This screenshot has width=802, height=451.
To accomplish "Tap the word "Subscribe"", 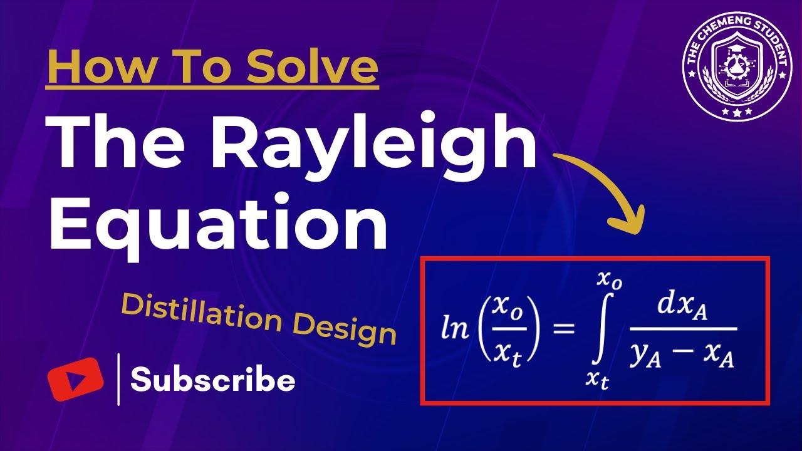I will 213,380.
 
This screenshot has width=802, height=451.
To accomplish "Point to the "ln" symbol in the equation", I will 456,329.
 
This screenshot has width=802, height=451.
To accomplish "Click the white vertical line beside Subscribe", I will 118,380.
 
